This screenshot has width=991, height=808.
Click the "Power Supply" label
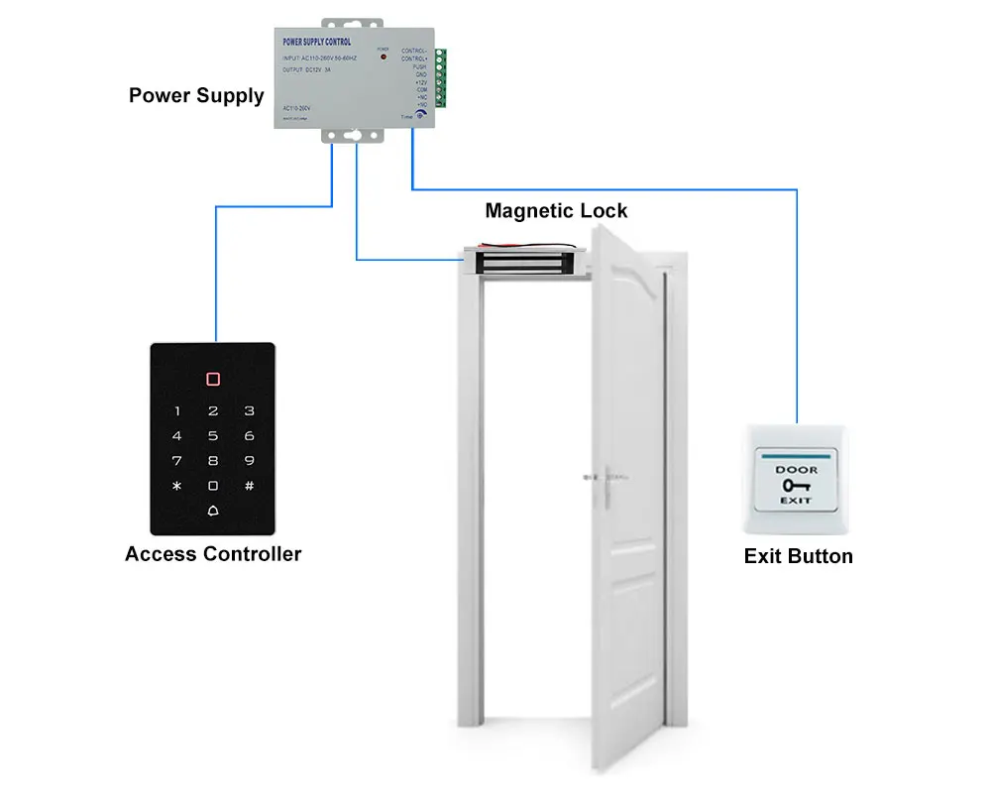[x=196, y=96]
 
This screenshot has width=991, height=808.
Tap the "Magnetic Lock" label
[x=556, y=210]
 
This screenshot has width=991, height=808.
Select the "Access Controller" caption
[x=213, y=554]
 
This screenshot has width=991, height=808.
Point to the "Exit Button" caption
[x=798, y=556]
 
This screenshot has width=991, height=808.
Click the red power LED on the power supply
[x=384, y=58]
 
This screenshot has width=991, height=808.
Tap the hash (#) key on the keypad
[x=249, y=486]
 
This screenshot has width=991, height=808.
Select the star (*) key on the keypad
[x=177, y=486]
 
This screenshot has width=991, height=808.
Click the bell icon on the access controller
[x=213, y=512]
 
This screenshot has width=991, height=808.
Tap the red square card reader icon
[x=213, y=380]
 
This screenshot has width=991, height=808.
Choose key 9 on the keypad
[x=249, y=460]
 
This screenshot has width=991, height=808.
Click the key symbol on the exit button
[x=796, y=485]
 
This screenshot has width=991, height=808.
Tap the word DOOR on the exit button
[x=797, y=469]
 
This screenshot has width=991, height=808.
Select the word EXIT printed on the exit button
[x=797, y=501]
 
